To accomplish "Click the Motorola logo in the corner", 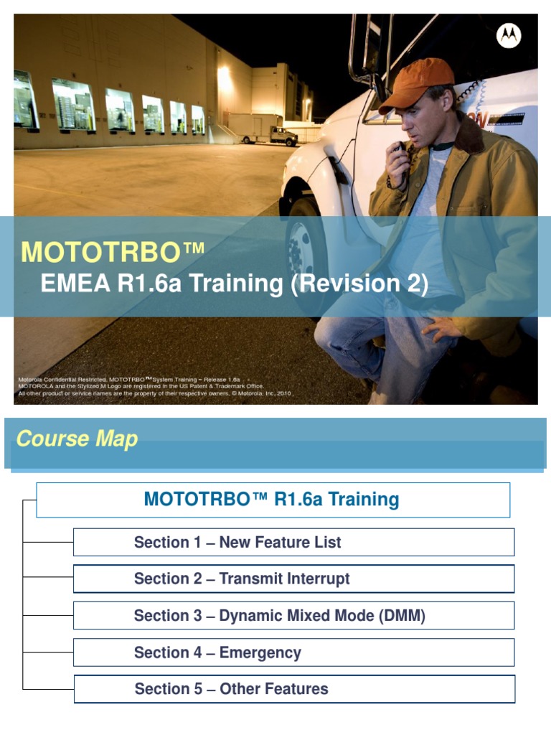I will [x=509, y=35].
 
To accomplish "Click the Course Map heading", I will [x=77, y=439].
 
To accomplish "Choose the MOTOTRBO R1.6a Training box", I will [x=273, y=500].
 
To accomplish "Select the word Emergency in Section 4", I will [x=260, y=652].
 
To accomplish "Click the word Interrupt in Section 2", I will [x=319, y=579].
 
